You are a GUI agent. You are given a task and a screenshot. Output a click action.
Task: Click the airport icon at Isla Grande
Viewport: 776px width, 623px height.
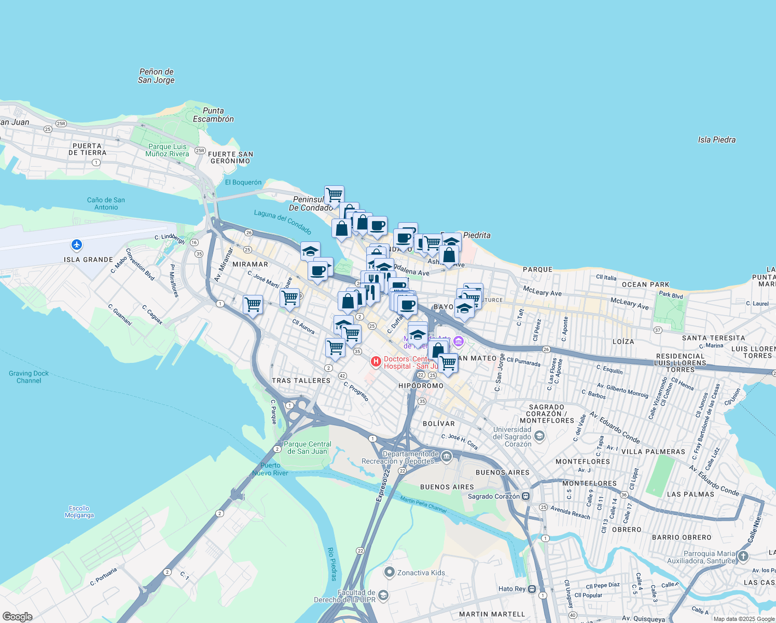tap(77, 245)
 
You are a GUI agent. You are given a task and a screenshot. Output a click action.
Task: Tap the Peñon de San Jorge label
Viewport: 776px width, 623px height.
tap(156, 76)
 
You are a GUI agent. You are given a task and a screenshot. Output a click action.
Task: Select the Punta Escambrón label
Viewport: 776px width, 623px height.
tap(213, 115)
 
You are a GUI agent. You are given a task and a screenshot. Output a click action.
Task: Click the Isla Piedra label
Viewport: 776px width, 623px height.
tap(716, 140)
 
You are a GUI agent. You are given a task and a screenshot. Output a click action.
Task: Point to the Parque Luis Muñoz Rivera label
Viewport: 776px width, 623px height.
tap(167, 150)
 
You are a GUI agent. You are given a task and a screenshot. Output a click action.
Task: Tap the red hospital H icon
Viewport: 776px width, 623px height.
tap(376, 361)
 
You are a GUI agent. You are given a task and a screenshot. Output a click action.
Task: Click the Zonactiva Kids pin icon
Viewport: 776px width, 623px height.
tap(390, 573)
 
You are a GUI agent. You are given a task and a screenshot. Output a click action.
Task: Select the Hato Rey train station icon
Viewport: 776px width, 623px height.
tap(532, 589)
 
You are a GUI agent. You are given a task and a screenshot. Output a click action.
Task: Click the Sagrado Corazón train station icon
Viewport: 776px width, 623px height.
tap(526, 496)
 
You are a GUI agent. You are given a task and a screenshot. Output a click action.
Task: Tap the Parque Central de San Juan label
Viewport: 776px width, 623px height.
tap(307, 448)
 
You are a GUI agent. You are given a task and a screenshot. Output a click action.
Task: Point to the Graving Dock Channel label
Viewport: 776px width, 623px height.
tap(29, 377)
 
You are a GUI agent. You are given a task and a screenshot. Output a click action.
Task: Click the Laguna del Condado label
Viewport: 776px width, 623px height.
tap(283, 222)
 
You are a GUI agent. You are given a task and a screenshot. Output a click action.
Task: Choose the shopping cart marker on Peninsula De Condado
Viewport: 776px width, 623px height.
tap(335, 195)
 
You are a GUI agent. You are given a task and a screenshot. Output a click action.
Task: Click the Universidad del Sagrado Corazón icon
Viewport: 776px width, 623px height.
tap(539, 436)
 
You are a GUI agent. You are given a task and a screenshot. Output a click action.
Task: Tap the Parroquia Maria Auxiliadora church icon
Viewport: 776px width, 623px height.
tap(743, 557)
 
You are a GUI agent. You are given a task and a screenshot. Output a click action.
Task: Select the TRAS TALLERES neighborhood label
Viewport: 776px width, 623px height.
tap(301, 381)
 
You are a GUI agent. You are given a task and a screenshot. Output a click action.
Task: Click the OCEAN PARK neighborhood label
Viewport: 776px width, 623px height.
tap(645, 285)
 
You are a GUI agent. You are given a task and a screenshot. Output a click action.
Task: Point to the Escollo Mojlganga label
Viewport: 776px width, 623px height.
tap(79, 512)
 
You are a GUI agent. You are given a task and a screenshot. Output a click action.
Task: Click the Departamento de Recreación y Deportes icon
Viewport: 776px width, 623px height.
tap(447, 457)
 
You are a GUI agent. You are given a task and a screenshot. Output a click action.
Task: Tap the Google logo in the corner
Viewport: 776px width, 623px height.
tap(17, 617)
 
